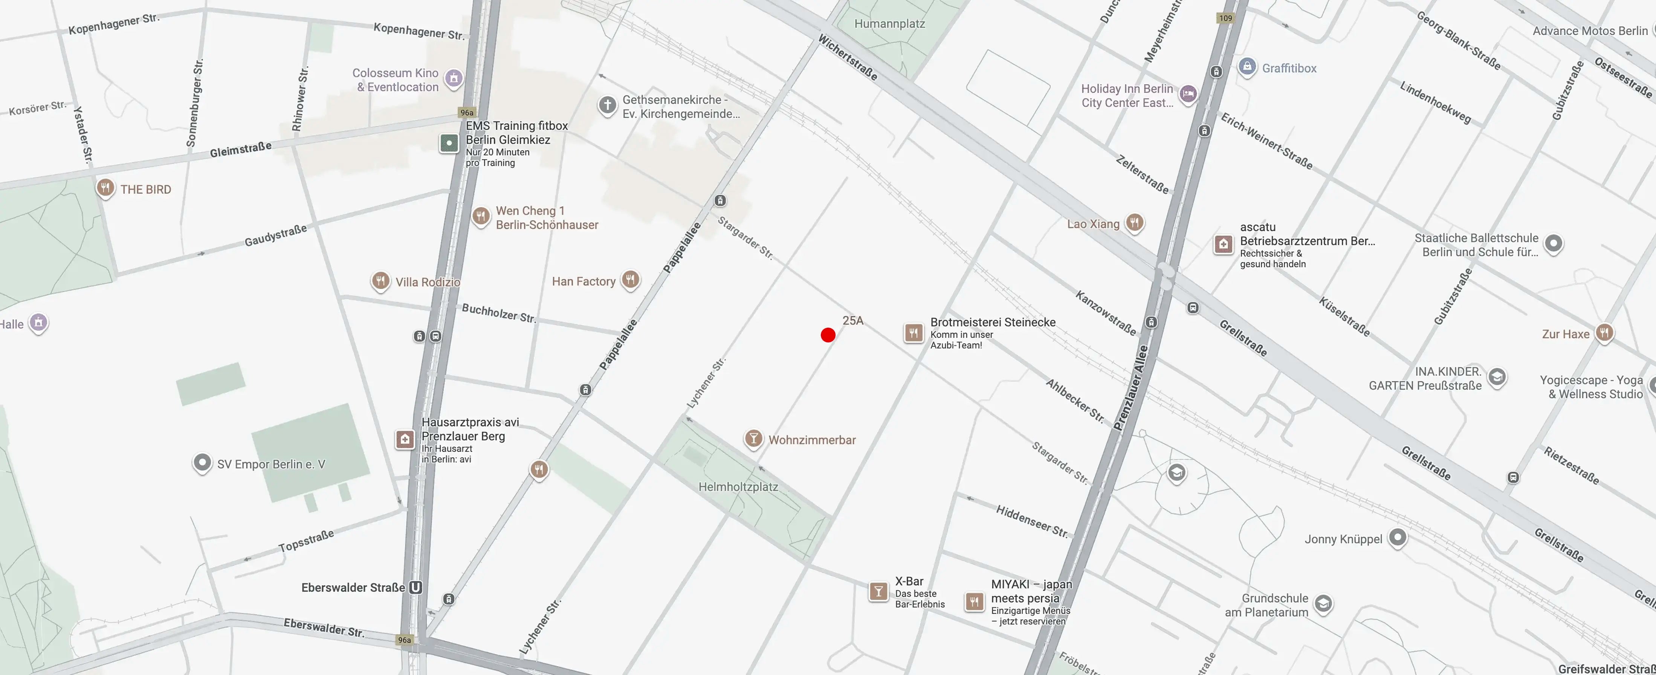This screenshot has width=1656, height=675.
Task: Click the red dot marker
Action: [x=828, y=334]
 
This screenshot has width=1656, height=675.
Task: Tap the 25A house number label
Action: [x=852, y=321]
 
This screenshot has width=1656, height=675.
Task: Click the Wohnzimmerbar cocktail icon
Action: [x=753, y=439]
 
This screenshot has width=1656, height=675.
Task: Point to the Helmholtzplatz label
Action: [x=738, y=487]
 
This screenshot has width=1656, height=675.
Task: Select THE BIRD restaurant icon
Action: [x=105, y=188]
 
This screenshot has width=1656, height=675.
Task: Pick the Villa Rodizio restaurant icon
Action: [x=380, y=281]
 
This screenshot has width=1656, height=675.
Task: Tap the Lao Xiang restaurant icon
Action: [x=1135, y=222]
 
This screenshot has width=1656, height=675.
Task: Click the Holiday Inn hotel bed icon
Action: [x=1188, y=94]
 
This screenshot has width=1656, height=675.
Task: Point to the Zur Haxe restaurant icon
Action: [x=1604, y=333]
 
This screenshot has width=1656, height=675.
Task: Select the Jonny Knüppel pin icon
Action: [x=1398, y=537]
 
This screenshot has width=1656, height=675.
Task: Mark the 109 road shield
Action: [x=1226, y=18]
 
